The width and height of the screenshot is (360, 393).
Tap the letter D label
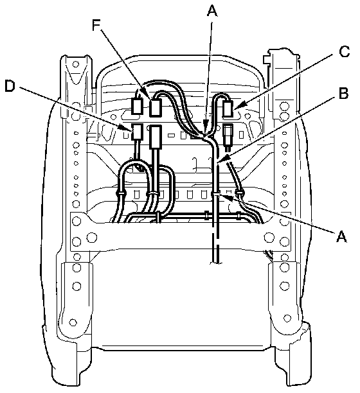[10, 86]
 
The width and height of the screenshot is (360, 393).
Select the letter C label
[344, 51]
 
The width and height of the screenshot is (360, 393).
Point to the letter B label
[343, 92]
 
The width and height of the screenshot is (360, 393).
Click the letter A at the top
[212, 11]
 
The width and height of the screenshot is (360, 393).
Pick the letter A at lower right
[341, 236]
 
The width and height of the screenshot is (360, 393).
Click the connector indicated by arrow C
[228, 109]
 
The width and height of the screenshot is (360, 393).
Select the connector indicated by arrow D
[137, 132]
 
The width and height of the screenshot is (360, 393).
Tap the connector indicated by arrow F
[155, 108]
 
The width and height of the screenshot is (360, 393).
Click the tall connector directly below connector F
[156, 137]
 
